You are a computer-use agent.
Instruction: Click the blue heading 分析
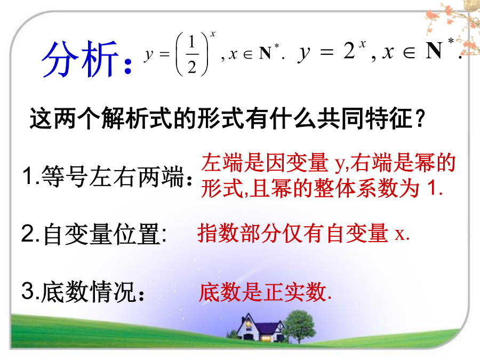coord(80,58)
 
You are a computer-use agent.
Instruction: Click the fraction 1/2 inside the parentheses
coord(192,54)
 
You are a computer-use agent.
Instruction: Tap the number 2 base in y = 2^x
coord(349,51)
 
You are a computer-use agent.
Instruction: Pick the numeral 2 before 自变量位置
coord(28,233)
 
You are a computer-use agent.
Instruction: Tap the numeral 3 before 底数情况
coord(28,290)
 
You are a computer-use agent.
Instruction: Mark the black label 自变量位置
coord(102,234)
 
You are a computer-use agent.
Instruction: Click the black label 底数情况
coord(89,291)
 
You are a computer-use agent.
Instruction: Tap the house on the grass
coord(259,328)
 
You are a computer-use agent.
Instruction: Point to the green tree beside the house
coord(299,326)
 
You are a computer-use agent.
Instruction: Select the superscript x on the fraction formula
coord(213,34)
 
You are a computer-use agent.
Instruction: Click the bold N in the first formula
coord(265,53)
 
